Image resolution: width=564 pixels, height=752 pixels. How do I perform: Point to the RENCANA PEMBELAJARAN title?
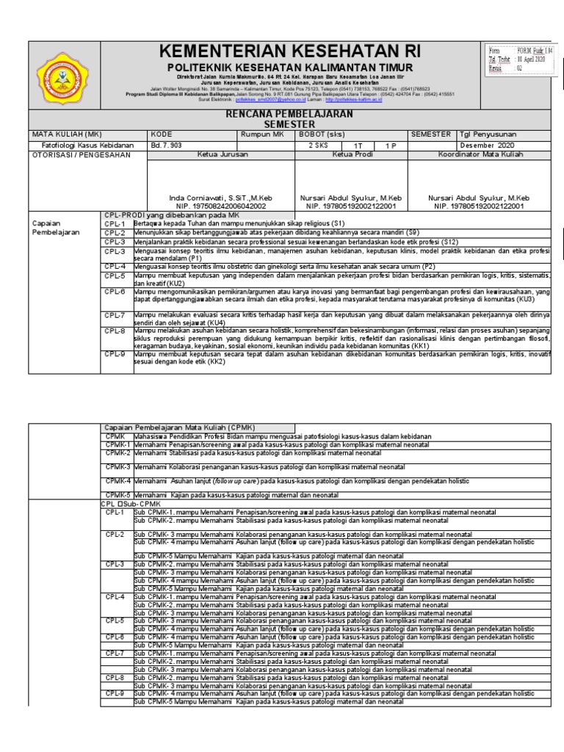288,115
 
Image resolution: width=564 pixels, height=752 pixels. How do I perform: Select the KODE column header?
162,135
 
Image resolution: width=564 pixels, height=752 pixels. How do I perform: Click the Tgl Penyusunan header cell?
489,135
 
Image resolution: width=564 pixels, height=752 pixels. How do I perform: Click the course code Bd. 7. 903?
166,145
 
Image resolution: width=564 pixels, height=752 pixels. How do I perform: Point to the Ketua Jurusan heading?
223,155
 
